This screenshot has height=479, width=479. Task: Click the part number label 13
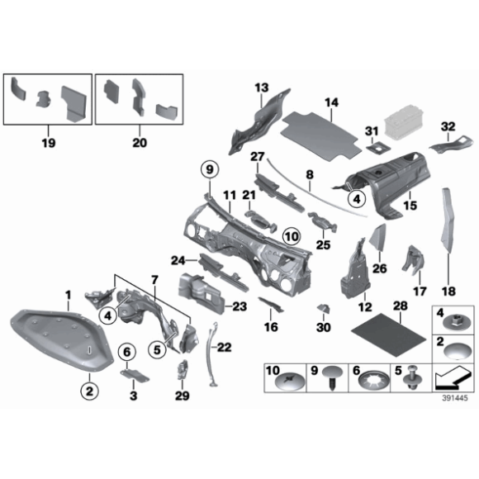(262, 88)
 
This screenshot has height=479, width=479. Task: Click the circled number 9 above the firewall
(209, 170)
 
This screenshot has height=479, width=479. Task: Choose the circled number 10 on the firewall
(290, 236)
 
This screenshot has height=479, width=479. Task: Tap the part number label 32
(448, 126)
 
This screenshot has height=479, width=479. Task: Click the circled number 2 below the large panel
(89, 387)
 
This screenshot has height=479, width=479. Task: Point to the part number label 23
(239, 307)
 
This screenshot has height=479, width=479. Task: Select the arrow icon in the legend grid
(448, 381)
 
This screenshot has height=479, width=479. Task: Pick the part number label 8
(309, 175)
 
